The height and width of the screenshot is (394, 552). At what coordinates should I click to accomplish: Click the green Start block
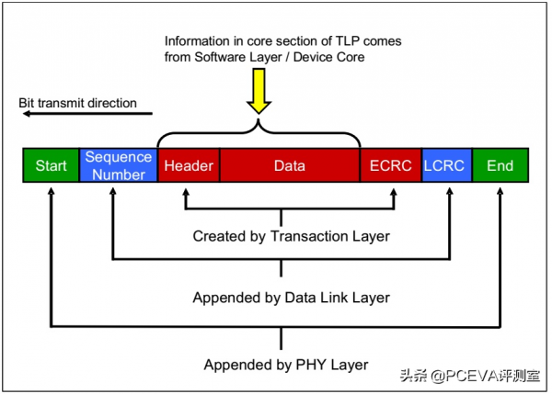52,166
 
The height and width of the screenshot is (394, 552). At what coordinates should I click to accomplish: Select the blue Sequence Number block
119,166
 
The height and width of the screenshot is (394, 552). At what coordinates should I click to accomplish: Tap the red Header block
189,166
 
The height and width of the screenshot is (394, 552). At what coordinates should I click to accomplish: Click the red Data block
289,166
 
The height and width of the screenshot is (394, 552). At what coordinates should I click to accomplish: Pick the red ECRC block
390,166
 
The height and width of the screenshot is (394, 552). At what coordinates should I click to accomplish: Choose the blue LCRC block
446,166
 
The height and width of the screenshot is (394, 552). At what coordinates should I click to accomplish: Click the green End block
500,166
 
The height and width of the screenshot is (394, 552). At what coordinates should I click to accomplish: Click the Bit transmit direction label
78,103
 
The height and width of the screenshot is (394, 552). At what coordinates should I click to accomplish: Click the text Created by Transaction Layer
291,236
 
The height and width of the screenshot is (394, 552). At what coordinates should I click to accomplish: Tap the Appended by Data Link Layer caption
291,298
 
